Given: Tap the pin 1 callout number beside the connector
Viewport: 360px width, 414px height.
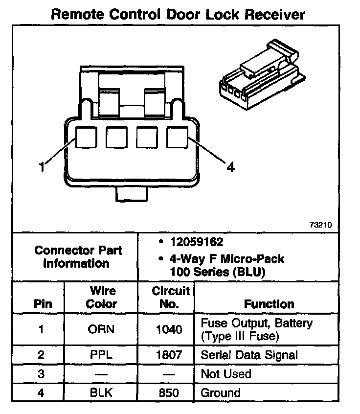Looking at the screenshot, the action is pos(42,167).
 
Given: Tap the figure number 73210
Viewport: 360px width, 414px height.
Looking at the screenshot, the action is pos(321,226).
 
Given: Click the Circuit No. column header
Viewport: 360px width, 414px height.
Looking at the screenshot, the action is pos(170,297).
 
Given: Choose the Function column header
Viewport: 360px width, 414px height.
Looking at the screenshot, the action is pos(269,304).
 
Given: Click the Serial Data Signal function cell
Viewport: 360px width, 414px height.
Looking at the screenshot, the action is pos(249,355).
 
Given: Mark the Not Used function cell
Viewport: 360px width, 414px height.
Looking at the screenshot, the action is pos(226,374).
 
